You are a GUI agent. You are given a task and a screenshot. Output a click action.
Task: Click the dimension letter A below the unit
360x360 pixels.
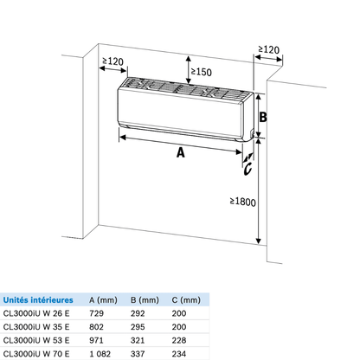point(181,152)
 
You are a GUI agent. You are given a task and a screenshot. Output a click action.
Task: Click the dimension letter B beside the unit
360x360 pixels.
point(263,117)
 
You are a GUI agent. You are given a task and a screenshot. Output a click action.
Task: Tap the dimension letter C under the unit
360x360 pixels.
point(247,169)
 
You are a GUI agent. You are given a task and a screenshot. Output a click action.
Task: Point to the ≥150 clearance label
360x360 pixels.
point(202,72)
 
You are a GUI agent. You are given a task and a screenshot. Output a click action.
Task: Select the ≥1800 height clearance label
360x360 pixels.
point(243,202)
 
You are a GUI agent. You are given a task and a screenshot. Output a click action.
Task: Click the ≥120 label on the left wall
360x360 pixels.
point(113,61)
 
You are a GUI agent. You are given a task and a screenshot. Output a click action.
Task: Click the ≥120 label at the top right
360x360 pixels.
point(269,49)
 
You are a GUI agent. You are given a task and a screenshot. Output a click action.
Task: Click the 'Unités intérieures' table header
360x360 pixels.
point(38,300)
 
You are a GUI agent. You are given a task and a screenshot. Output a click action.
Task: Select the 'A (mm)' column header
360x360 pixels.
point(103,300)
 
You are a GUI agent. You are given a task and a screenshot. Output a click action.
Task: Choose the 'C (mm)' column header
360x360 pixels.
point(186,300)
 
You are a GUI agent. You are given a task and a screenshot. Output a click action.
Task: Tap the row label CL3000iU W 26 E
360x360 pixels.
point(36,313)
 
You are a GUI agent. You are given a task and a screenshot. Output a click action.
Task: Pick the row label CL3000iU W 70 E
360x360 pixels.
point(36,354)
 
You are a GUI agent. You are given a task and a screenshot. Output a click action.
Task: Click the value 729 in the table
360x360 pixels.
point(96,313)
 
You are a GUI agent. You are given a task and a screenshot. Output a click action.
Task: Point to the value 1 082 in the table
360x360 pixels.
point(100,354)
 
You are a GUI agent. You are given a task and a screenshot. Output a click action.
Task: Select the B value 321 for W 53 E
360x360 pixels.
point(138,340)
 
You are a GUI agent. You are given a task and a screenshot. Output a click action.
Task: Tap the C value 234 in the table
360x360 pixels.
point(179,354)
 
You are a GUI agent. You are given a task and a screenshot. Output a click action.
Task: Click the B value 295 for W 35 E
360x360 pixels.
point(138,327)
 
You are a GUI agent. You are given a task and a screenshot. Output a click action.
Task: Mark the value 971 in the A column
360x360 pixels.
point(96,340)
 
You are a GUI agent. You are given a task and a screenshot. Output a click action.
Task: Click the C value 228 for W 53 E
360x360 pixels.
point(179,340)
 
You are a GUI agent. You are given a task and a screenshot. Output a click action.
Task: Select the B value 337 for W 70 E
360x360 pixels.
point(138,354)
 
